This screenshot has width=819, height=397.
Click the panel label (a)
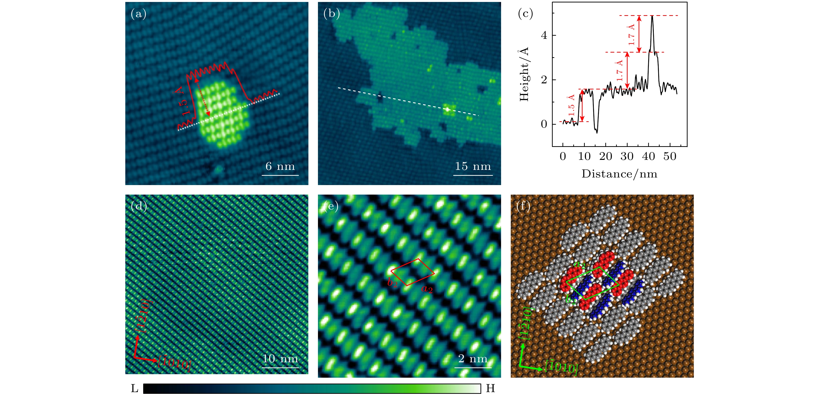[x=139, y=14]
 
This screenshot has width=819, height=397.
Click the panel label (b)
[x=331, y=14]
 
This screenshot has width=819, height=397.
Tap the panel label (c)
[x=525, y=14]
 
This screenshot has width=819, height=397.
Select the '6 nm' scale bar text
[x=280, y=166]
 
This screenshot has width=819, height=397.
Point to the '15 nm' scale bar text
[x=473, y=166]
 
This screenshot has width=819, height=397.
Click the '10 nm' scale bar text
[x=280, y=359]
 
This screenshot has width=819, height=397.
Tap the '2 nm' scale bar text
[x=473, y=359]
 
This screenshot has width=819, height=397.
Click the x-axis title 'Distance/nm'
[x=619, y=174]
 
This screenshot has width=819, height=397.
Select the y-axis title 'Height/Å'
[x=524, y=74]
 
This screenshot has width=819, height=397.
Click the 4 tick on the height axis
[x=544, y=35]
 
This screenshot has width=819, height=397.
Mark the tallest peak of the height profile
[x=652, y=16]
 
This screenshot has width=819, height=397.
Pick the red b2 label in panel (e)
[x=392, y=282]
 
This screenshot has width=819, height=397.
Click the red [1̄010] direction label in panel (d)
[x=175, y=362]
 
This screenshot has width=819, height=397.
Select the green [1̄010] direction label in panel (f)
[x=561, y=367]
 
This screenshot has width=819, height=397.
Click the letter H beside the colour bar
[x=490, y=388]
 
